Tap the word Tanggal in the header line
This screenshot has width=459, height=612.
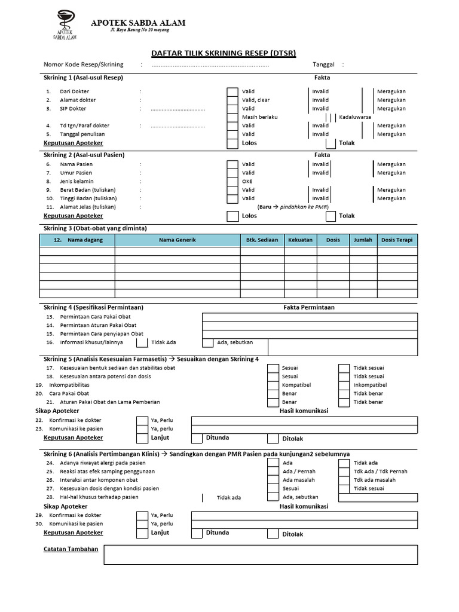[x=323, y=65]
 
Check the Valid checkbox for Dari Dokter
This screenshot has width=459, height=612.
[x=232, y=91]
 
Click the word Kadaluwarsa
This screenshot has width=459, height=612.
[x=355, y=117]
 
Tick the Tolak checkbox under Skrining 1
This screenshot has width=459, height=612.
[x=331, y=143]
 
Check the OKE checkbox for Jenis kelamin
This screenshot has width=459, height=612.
[x=232, y=181]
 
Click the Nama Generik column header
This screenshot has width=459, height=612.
[x=178, y=240]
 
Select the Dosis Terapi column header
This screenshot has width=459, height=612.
[x=397, y=240]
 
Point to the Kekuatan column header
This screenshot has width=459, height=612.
[x=300, y=240]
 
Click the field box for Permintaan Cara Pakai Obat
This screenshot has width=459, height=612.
[x=310, y=317]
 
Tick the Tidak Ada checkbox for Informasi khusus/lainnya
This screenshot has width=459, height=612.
[x=142, y=342]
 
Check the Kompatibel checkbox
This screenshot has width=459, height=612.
[x=273, y=385]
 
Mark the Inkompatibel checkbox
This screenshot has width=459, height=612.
[x=344, y=385]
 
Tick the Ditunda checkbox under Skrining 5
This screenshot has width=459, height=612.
[x=197, y=438]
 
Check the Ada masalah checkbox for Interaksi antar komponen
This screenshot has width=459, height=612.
[x=273, y=480]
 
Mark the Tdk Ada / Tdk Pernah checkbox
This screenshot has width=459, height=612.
[x=344, y=471]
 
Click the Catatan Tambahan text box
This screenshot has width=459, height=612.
[x=261, y=555]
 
